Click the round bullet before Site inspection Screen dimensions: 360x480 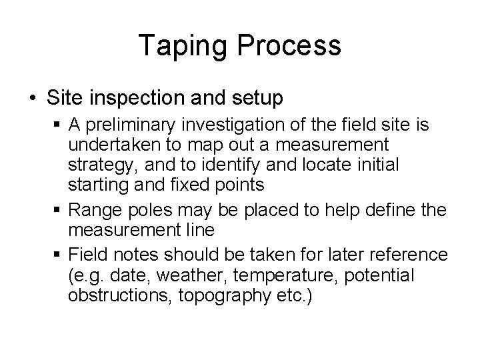tap(33, 99)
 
